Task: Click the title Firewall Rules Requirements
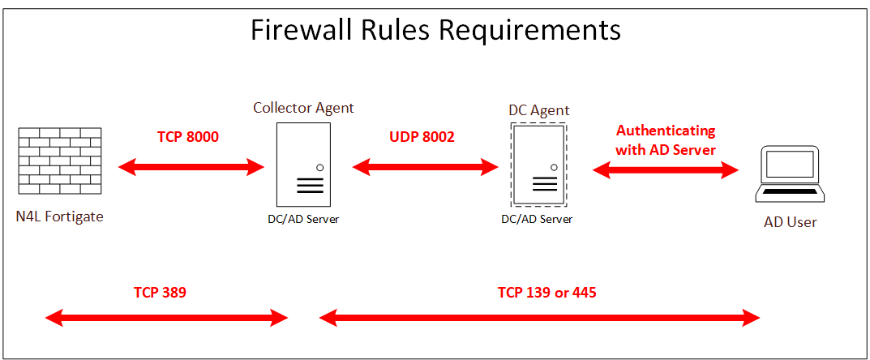click(x=435, y=30)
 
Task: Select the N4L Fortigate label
click(x=59, y=216)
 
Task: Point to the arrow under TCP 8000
click(x=191, y=168)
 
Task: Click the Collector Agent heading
click(x=303, y=108)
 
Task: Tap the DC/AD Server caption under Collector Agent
click(x=303, y=219)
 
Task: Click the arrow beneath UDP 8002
click(x=425, y=168)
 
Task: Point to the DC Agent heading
click(x=538, y=110)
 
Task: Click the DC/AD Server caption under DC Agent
click(x=537, y=219)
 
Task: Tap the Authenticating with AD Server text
click(x=666, y=139)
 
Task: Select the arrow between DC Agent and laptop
click(x=666, y=169)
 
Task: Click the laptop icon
click(x=789, y=175)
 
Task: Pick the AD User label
click(x=790, y=221)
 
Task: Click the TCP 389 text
click(x=160, y=292)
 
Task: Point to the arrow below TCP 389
click(x=166, y=318)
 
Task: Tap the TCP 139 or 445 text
click(x=546, y=292)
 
